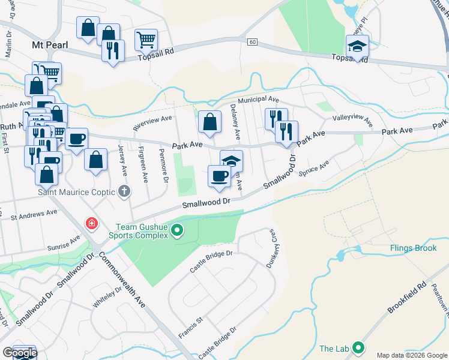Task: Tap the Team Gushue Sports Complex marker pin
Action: pyautogui.click(x=177, y=230)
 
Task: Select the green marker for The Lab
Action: pyautogui.click(x=358, y=348)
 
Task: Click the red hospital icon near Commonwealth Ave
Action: pyautogui.click(x=91, y=224)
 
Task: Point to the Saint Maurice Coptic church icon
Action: pyautogui.click(x=124, y=193)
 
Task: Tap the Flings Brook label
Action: pyautogui.click(x=413, y=248)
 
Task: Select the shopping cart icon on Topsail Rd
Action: pyautogui.click(x=146, y=40)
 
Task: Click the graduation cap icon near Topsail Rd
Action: pyautogui.click(x=357, y=46)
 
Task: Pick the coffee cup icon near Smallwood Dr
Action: pyautogui.click(x=219, y=175)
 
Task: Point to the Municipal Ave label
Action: pyautogui.click(x=258, y=100)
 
